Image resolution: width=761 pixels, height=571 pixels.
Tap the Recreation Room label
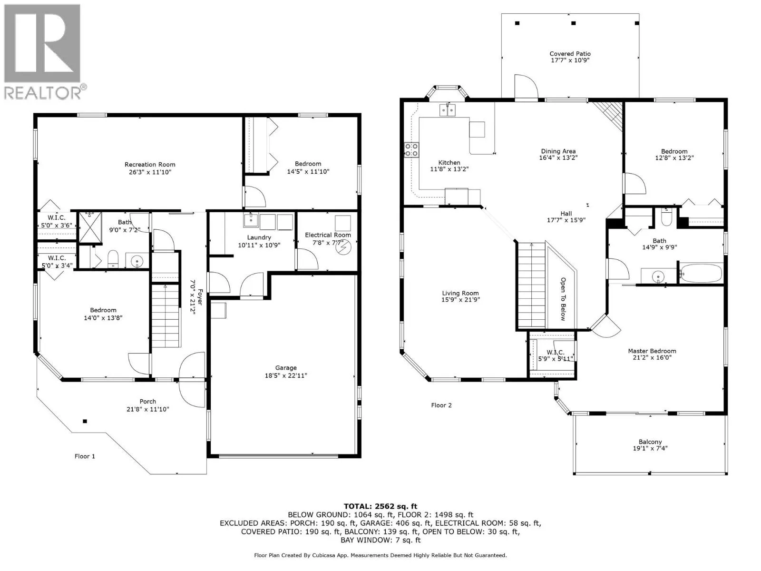pos(150,165)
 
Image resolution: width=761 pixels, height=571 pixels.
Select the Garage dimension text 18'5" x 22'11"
pos(286,375)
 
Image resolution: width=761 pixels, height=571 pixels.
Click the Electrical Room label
pos(328,235)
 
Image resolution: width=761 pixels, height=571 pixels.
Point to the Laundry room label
pos(259,237)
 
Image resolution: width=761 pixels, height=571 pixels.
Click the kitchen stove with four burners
pos(411,150)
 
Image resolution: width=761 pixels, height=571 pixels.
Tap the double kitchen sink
pos(448,110)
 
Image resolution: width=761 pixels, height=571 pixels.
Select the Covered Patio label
pos(570,54)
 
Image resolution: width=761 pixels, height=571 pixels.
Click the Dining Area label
pos(558,151)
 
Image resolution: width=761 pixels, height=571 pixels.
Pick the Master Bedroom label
pos(652,351)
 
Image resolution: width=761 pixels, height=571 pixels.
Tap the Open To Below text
pos(564,299)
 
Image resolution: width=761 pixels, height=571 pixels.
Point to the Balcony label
pos(650,442)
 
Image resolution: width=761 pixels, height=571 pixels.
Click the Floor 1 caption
pos(85,456)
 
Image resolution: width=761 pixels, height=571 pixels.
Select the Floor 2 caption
pos(441,405)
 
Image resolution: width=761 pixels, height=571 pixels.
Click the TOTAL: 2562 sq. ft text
pos(380,506)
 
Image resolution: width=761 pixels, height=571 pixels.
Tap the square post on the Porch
pos(85,421)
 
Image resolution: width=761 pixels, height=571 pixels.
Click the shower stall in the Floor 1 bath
pos(90,227)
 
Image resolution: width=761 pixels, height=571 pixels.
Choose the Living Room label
pos(460,293)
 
